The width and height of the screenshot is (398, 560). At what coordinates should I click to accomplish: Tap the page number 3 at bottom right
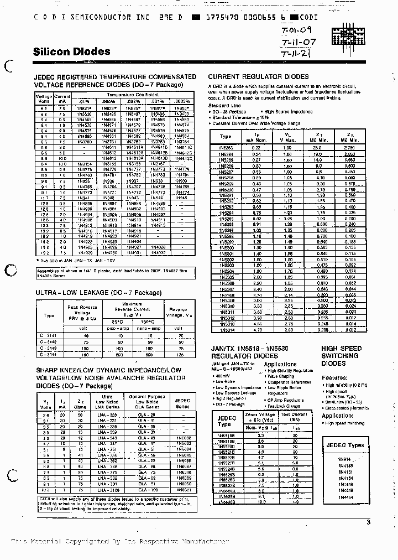[x=369, y=522]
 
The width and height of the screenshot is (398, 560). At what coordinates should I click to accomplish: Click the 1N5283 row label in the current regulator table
[x=226, y=148]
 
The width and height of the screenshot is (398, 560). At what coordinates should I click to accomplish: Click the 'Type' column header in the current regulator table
[x=226, y=136]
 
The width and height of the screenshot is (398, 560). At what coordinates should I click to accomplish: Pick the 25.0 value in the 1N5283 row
[x=316, y=148]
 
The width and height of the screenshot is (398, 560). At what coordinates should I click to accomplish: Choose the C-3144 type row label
[x=48, y=354]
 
